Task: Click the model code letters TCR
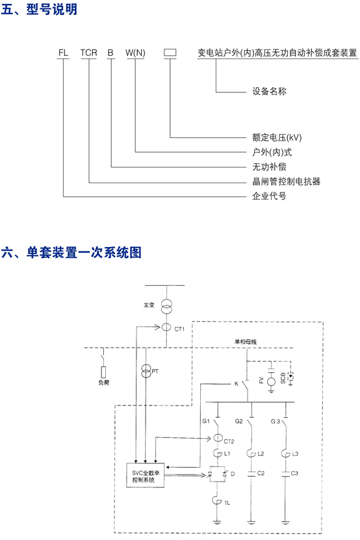[89, 53]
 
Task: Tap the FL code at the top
[63, 53]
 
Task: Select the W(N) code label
[135, 53]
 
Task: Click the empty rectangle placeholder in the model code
[170, 53]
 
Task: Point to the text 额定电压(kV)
[277, 138]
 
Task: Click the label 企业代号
[269, 196]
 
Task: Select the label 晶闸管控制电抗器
[287, 181]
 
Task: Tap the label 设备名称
[270, 91]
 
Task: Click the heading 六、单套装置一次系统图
[71, 252]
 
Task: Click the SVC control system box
[145, 476]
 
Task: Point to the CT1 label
[179, 329]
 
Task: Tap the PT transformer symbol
[146, 371]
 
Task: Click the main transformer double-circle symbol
[167, 307]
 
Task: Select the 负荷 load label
[104, 383]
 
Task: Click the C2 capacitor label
[261, 474]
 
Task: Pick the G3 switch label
[276, 422]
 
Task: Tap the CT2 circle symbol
[218, 438]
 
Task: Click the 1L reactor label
[227, 503]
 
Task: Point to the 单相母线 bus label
[246, 342]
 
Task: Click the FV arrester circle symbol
[272, 381]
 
